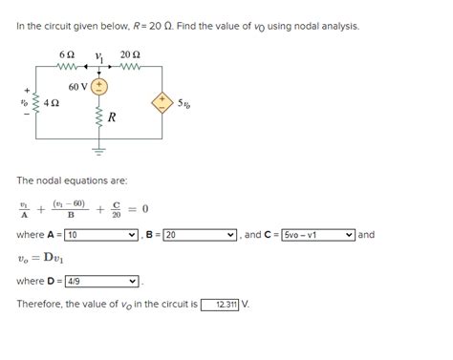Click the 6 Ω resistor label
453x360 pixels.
coord(66,54)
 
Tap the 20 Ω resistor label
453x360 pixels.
coord(130,54)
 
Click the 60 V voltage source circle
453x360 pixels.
coord(99,87)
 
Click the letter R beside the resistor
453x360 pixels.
coord(112,118)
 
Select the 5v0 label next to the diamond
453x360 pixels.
coord(183,101)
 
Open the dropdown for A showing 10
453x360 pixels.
coord(101,234)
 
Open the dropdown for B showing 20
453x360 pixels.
coord(199,234)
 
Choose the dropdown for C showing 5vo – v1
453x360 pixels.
coord(318,234)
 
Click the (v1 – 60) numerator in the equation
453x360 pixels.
coord(70,201)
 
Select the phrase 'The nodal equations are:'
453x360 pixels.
coord(72,180)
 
